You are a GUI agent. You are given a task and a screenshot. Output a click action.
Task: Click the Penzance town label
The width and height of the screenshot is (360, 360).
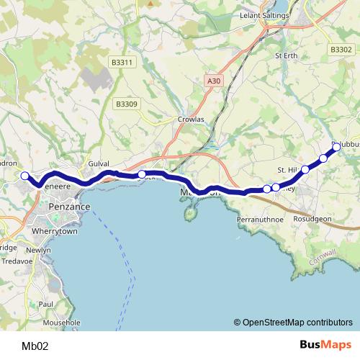[70, 207]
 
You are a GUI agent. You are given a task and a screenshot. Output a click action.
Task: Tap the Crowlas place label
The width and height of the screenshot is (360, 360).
[191, 120]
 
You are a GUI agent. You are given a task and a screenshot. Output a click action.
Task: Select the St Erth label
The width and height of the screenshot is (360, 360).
[286, 55]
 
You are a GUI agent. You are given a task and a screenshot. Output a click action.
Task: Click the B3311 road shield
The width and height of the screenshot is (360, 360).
[122, 63]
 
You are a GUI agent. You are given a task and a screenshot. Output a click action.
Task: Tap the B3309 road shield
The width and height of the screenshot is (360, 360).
[127, 104]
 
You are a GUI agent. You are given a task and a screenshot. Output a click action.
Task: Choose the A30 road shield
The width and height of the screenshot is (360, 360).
[212, 81]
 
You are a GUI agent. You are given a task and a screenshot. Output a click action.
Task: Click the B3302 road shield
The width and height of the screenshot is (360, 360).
[341, 50]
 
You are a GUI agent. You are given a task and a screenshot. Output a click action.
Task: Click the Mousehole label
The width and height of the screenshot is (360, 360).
[62, 323]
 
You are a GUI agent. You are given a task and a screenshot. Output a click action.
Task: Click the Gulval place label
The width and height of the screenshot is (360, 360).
[97, 164]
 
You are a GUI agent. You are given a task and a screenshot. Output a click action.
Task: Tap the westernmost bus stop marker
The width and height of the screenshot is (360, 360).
[24, 176]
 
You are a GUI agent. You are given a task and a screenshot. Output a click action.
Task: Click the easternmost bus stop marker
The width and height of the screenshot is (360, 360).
[336, 147]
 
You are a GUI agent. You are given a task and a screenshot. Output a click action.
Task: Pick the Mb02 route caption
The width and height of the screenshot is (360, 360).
[35, 346]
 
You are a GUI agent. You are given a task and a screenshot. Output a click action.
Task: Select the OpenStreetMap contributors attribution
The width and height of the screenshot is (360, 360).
[293, 323]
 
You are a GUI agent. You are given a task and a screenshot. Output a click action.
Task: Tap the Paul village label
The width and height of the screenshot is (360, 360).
[46, 305]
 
